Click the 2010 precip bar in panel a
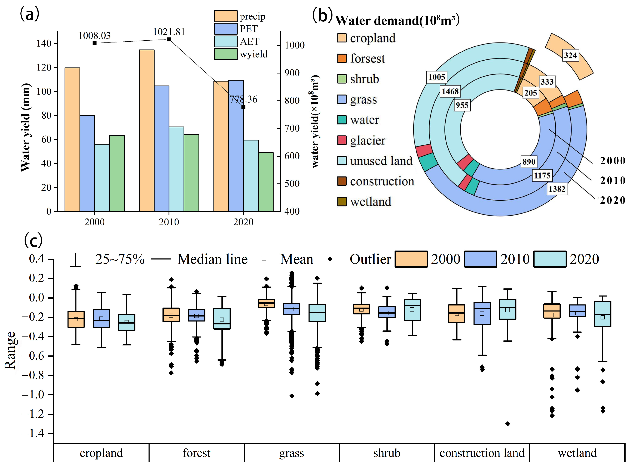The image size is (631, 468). point(147,130)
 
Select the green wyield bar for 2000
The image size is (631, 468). point(117,173)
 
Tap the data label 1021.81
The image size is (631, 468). point(169,32)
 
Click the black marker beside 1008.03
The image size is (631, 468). point(95,43)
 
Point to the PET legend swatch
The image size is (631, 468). point(226,29)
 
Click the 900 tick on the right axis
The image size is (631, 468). point(292,73)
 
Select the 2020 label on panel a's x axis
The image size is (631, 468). point(243,222)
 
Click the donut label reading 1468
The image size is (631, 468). point(450,91)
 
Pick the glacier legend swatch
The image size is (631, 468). point(342,140)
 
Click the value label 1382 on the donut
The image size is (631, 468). point(557,189)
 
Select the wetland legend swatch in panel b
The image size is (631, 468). point(342,201)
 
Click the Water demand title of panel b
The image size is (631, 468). point(397,21)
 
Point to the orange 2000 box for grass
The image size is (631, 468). point(266,303)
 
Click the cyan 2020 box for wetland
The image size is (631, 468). point(603,314)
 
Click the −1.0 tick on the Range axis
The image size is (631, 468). point(34,395)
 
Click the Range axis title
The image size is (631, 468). point(10,350)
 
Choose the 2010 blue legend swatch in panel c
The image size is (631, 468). point(480,259)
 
